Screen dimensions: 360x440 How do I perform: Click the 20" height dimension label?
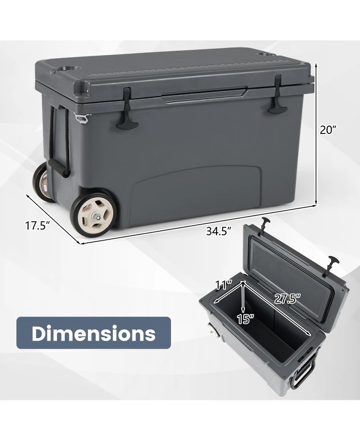point(328,130)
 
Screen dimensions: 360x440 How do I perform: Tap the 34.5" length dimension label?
point(219,231)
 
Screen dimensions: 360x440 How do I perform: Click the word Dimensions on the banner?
point(94,333)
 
